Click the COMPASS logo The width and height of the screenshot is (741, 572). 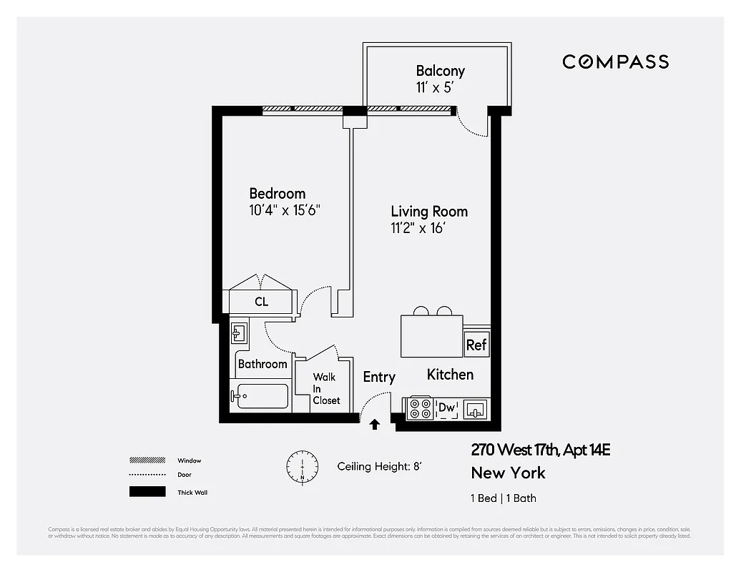(615, 61)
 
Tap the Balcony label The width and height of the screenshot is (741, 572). (440, 71)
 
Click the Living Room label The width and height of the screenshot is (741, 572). (429, 212)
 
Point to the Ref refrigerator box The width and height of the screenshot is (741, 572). (476, 344)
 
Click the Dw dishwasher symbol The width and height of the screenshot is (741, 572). (447, 408)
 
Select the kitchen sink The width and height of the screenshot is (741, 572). (475, 409)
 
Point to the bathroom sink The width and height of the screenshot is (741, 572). (239, 332)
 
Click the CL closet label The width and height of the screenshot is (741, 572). (262, 302)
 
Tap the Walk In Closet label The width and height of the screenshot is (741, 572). (325, 388)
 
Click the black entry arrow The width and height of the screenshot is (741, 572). (373, 425)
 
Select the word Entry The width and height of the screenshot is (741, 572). (378, 377)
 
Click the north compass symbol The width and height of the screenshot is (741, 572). (301, 467)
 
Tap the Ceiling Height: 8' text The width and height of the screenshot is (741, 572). (379, 466)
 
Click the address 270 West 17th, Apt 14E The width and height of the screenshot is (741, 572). (540, 450)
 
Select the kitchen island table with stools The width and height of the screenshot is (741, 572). (431, 335)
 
